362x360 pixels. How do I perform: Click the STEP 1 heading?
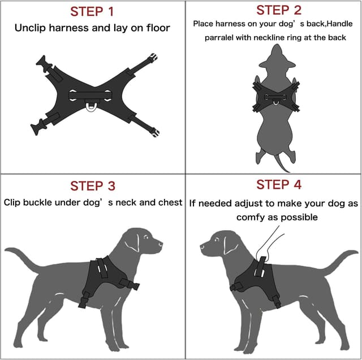(x=92, y=11)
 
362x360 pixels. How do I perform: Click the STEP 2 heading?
(x=279, y=10)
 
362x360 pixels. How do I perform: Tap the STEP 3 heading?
(x=93, y=186)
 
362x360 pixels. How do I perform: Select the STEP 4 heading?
(x=279, y=185)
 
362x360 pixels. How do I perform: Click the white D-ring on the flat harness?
(x=92, y=106)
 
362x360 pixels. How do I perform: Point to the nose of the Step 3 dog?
(x=162, y=244)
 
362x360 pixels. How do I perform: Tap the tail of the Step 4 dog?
(x=345, y=254)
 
